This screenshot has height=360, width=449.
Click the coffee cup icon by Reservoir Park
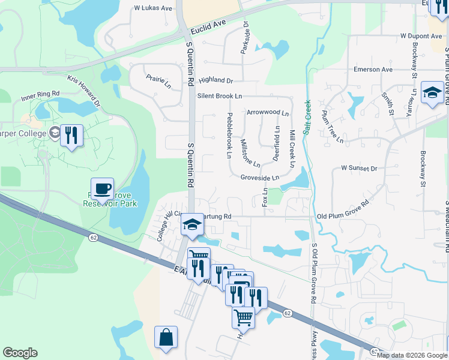coord(102,189)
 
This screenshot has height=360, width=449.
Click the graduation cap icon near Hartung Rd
coord(192,225)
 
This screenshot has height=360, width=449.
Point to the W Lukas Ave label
coord(153,8)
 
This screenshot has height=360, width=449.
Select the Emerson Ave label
coord(373,70)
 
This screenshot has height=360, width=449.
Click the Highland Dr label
coord(215,80)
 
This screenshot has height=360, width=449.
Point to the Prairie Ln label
coord(159,82)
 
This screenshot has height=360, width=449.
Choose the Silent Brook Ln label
coord(220,96)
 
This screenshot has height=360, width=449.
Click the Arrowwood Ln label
coord(268,112)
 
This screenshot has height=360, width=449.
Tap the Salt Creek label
coord(307,117)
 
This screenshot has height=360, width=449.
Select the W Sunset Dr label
coord(359,169)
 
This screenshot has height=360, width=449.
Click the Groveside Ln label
coord(260,178)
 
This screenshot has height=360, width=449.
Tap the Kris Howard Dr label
coord(85,90)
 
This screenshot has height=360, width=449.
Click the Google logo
coord(20,353)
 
